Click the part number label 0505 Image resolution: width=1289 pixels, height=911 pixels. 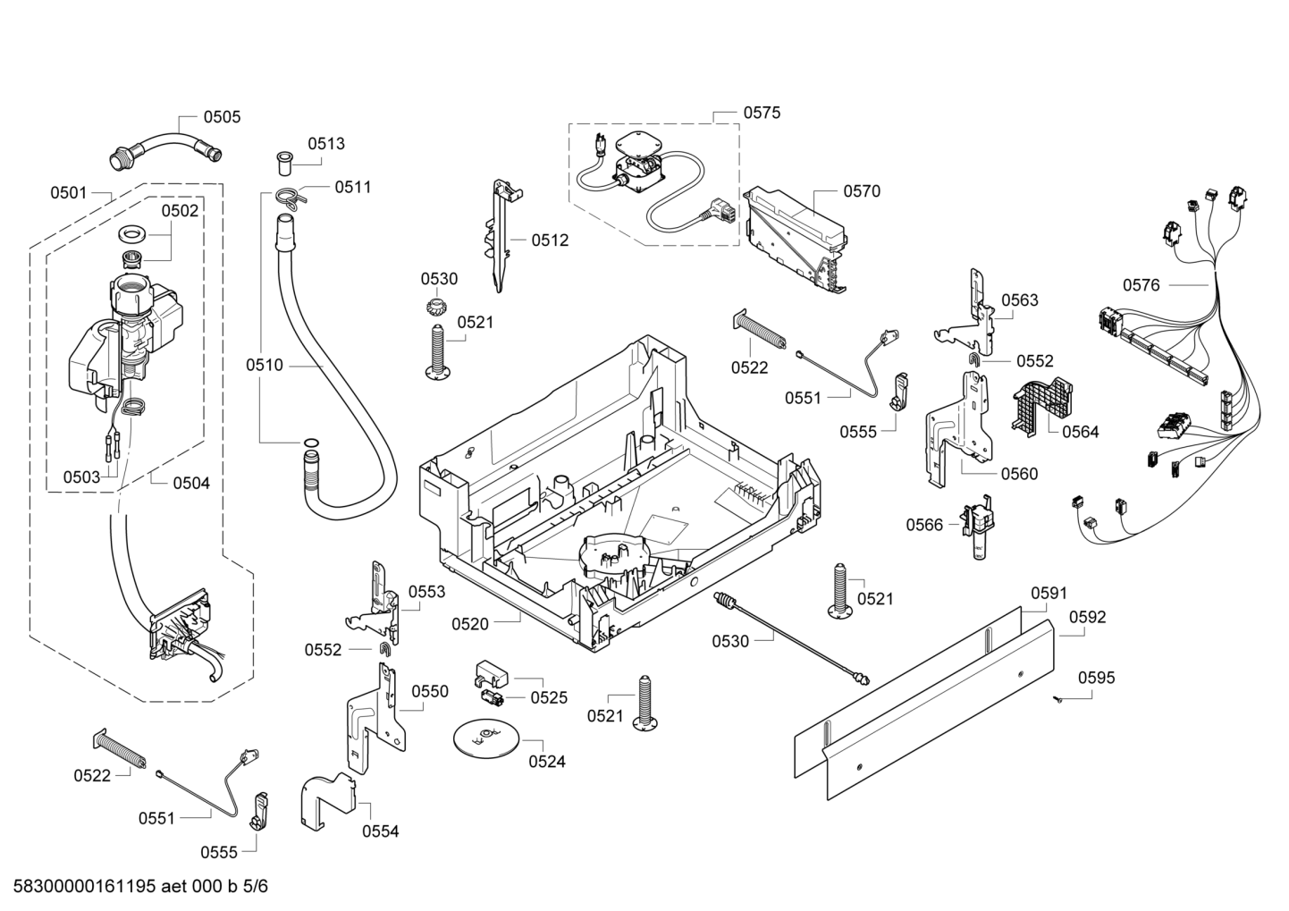[222, 117]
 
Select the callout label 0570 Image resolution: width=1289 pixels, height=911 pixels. [862, 191]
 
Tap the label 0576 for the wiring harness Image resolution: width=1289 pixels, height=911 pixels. [1142, 285]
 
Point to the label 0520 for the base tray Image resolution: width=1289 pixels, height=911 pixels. [470, 624]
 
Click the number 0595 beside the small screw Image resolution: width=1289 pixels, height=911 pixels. [1096, 678]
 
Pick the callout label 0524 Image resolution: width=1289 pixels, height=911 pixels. [547, 762]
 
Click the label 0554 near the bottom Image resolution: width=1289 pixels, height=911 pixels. [381, 831]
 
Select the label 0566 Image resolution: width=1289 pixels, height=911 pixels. [925, 525]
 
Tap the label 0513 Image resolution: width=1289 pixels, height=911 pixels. [326, 144]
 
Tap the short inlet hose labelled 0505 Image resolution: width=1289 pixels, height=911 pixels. [165, 151]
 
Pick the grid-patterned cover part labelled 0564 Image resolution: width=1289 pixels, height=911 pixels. [1042, 404]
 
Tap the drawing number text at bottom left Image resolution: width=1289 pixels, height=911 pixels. [140, 886]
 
